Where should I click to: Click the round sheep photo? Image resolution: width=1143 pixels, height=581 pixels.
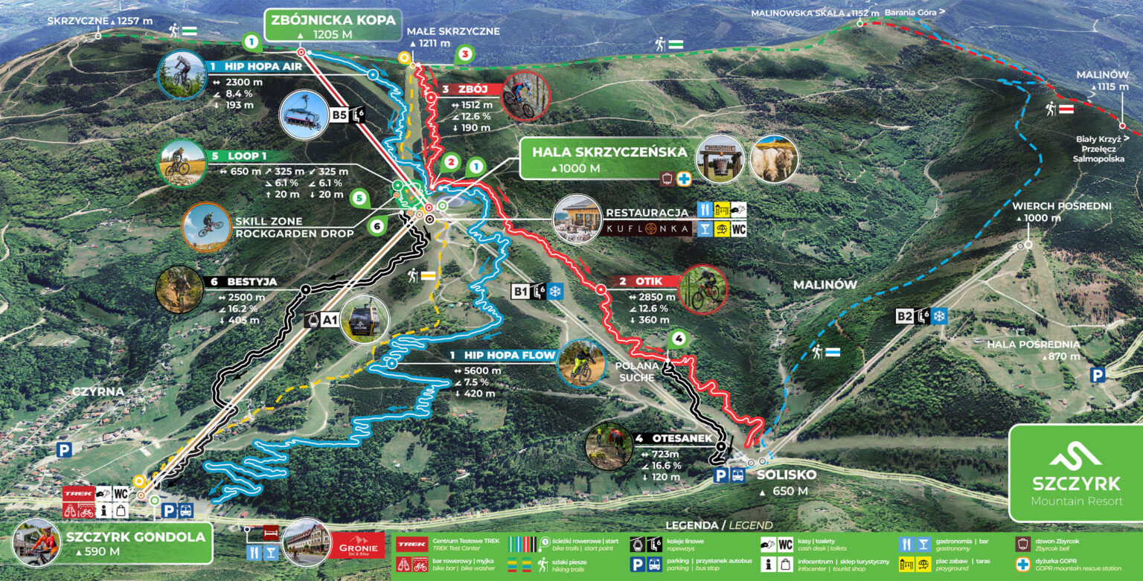774,158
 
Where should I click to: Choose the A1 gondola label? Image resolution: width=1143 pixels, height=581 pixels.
329,320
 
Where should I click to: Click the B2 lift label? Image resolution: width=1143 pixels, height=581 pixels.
905,316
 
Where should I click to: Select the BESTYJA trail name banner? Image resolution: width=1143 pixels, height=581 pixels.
242,282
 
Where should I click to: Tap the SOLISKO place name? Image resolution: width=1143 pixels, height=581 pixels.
786,474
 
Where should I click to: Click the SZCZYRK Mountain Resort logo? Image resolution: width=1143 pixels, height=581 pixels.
1075,473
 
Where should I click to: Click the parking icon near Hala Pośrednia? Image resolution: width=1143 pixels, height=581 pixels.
1098,375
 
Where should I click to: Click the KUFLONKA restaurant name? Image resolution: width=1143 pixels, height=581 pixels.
647,229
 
